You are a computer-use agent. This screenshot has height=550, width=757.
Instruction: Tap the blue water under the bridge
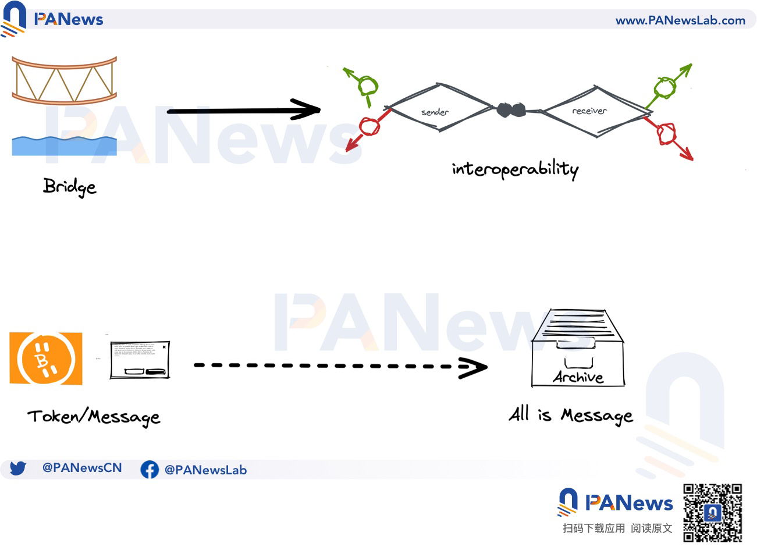tap(64, 146)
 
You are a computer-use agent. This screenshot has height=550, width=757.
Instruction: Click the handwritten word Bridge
tap(69, 187)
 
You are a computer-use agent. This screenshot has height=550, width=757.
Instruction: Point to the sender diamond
tap(439, 108)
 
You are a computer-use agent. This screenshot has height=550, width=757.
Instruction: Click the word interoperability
tap(515, 169)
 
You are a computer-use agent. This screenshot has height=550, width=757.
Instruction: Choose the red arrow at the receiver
tap(670, 136)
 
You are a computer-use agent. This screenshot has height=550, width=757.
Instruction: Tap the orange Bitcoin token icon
tap(46, 359)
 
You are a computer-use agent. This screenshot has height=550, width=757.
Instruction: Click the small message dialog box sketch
tap(140, 360)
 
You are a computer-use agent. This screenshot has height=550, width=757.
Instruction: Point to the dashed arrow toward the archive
tap(340, 366)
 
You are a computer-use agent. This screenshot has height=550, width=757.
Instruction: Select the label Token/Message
tap(94, 417)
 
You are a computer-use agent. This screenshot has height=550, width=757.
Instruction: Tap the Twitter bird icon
tap(18, 468)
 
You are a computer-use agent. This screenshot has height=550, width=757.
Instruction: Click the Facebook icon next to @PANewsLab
tap(150, 470)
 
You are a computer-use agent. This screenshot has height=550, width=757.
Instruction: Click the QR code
tap(712, 513)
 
